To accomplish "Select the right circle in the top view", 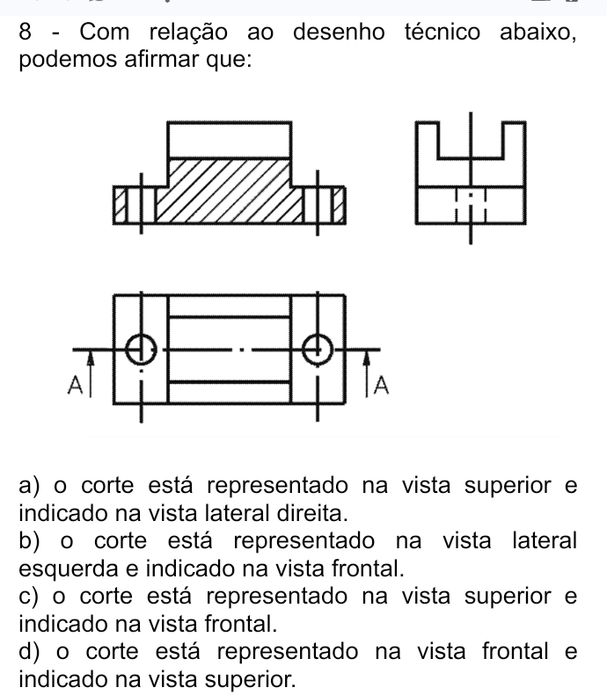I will click(x=318, y=348).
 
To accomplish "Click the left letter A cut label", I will click(x=75, y=384).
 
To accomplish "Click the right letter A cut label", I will click(x=383, y=385).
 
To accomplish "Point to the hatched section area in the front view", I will click(x=229, y=190).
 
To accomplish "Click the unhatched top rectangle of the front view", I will click(x=229, y=141).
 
